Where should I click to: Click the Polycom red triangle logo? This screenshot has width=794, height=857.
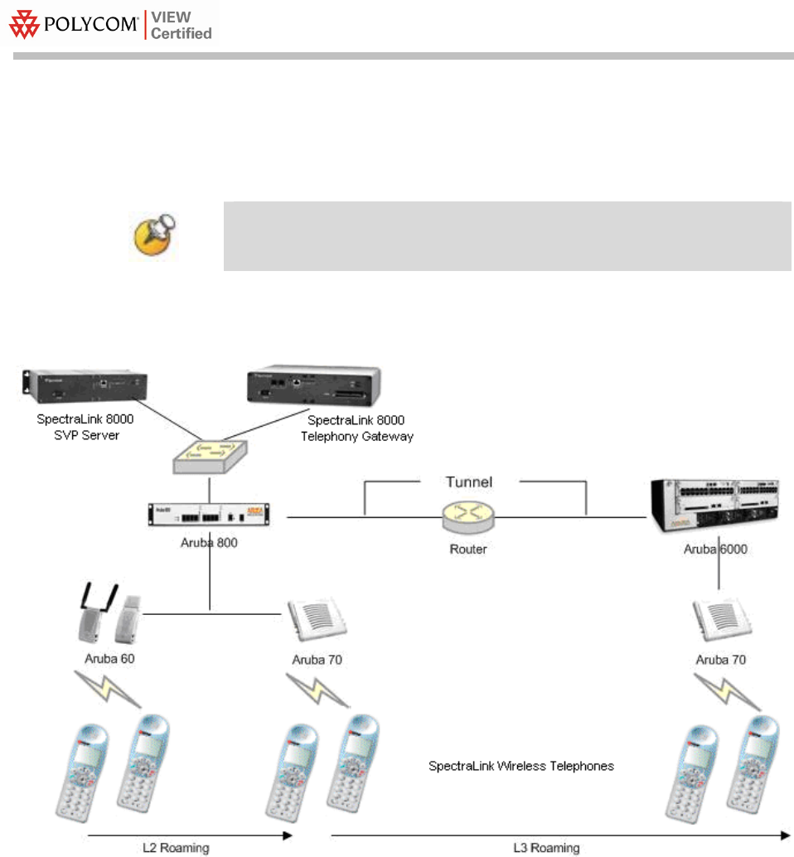point(24,25)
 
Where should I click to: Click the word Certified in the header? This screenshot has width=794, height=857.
point(182,33)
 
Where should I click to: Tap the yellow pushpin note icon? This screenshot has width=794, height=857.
point(156,235)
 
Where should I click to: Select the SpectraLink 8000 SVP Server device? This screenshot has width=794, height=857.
point(85,386)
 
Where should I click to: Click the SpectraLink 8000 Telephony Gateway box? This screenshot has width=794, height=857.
point(313,386)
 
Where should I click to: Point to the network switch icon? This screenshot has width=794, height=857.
point(211,457)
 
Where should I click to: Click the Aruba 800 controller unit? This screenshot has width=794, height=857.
point(209,515)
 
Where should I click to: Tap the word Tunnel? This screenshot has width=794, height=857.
point(469,482)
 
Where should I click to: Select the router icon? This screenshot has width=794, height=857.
point(468,517)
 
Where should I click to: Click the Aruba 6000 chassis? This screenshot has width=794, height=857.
point(714,506)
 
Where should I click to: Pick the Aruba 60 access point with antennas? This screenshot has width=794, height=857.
point(109,614)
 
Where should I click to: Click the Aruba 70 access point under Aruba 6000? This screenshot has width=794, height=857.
point(723,620)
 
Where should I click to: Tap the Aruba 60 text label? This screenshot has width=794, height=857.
point(109,659)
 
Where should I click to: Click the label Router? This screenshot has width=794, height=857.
point(468,549)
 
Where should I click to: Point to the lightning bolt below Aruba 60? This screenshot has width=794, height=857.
point(108,690)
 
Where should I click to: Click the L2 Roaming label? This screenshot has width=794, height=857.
point(176,848)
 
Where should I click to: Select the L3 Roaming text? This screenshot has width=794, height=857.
point(546,848)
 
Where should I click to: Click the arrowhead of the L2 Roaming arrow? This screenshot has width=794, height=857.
point(288,835)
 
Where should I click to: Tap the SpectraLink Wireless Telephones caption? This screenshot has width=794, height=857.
point(521,766)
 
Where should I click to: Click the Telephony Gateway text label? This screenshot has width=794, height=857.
point(357,436)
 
